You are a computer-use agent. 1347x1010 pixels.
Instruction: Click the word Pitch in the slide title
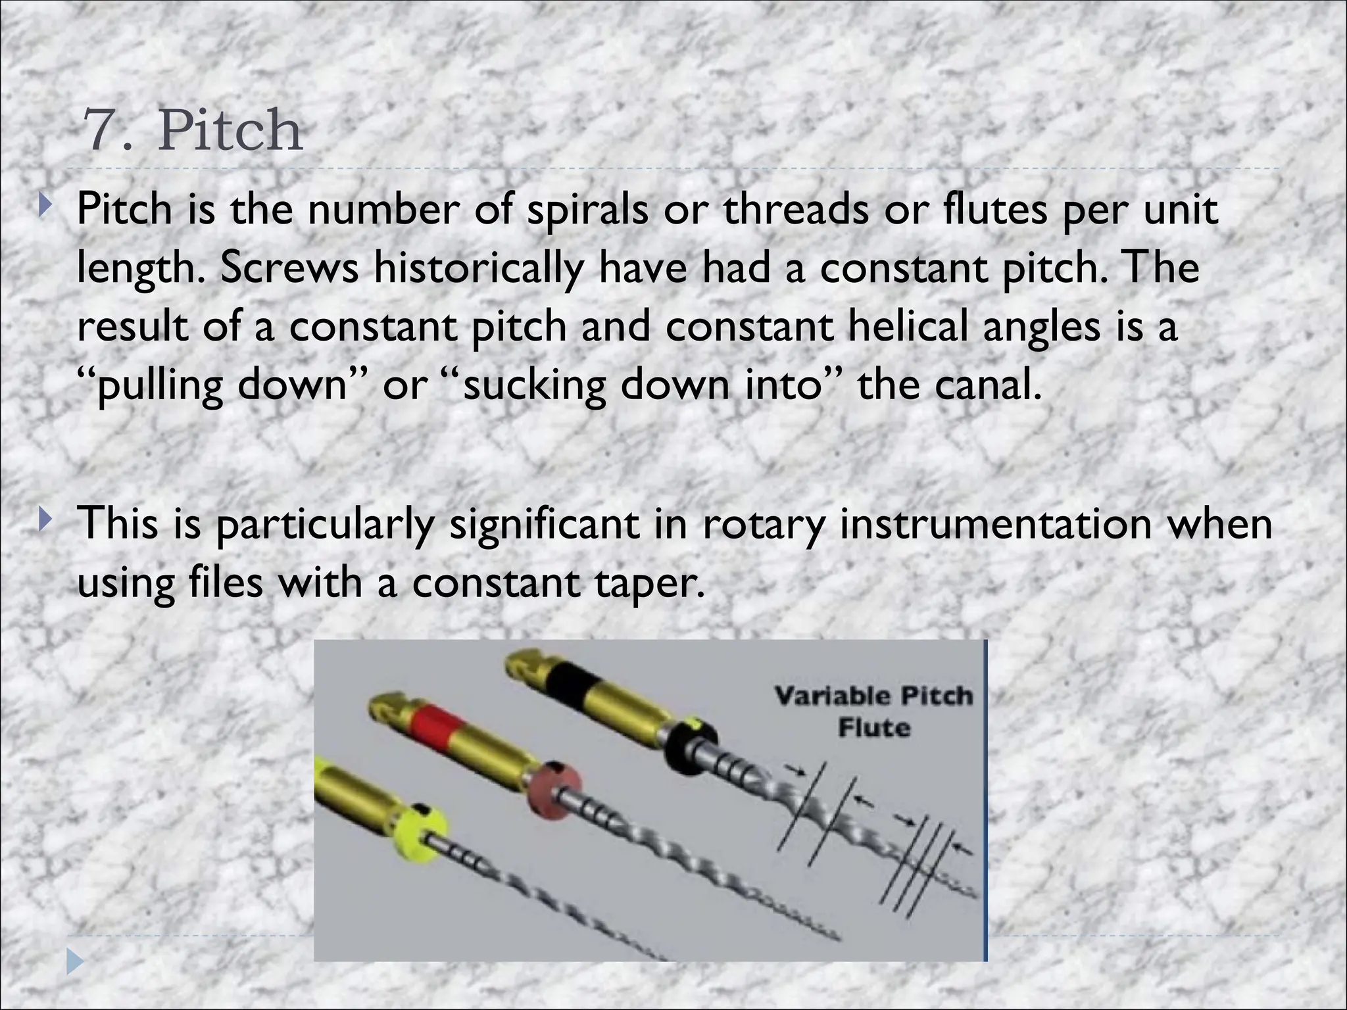(x=230, y=130)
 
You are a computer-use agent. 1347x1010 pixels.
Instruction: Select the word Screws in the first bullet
(x=289, y=268)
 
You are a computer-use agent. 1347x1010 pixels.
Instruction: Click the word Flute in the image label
(x=873, y=728)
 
